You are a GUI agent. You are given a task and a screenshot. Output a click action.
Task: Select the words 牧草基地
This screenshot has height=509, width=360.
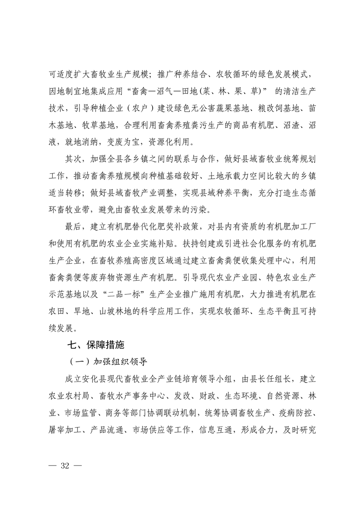click(x=99, y=125)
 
